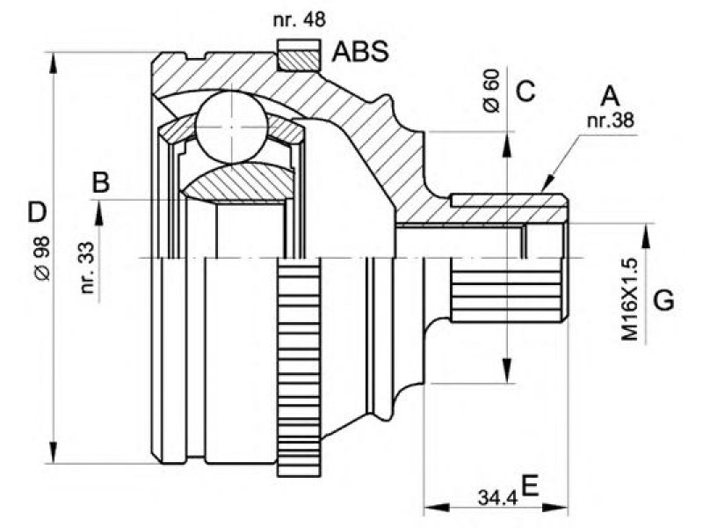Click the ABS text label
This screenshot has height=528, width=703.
pyautogui.click(x=360, y=51)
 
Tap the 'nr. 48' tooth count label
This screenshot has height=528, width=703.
pyautogui.click(x=299, y=19)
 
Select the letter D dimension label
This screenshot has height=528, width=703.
pyautogui.click(x=37, y=213)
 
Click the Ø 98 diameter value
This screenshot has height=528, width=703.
pyautogui.click(x=43, y=258)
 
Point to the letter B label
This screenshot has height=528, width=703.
pyautogui.click(x=101, y=183)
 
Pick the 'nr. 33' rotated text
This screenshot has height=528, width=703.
pyautogui.click(x=88, y=268)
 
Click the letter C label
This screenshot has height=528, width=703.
pyautogui.click(x=525, y=92)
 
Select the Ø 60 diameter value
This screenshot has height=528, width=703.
pyautogui.click(x=491, y=91)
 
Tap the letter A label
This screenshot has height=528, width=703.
pyautogui.click(x=610, y=96)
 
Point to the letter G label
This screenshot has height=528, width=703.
pyautogui.click(x=663, y=300)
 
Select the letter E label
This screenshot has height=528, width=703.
pyautogui.click(x=531, y=486)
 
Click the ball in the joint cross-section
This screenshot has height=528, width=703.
pyautogui.click(x=232, y=127)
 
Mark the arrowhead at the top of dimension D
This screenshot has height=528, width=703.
pyautogui.click(x=54, y=62)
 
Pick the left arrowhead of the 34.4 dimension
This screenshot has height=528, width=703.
pyautogui.click(x=436, y=508)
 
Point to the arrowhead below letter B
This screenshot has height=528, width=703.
pyautogui.click(x=99, y=212)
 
